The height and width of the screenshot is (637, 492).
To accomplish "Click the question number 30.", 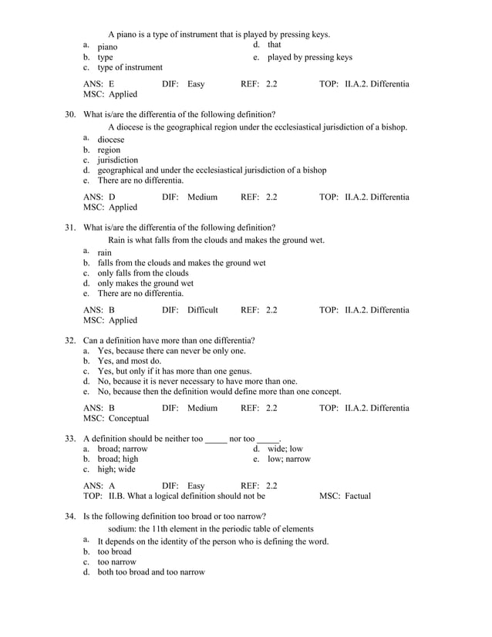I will click(69, 114).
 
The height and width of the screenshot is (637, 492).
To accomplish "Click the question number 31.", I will click(69, 228).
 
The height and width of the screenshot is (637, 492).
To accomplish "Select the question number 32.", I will click(69, 340).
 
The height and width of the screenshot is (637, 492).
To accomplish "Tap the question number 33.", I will click(69, 439).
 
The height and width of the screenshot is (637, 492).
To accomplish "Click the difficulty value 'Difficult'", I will click(203, 310).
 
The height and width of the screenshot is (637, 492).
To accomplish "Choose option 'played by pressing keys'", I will click(309, 57).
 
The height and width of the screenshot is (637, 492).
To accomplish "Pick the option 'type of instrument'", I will click(130, 68).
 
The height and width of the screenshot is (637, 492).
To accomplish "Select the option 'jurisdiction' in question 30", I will click(117, 160).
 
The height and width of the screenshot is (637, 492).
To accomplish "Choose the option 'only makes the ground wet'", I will click(145, 283).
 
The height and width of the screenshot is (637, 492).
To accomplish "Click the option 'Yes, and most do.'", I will click(129, 361).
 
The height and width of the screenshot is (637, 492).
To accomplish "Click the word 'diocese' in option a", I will click(111, 140).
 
